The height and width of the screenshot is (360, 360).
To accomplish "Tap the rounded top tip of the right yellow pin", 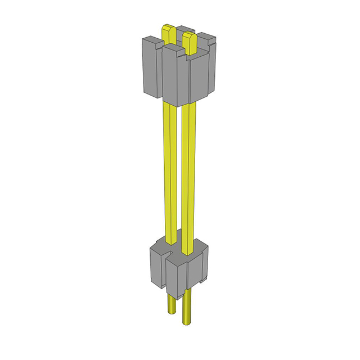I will (190, 35).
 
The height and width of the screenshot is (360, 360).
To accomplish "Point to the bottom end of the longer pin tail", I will (187, 324).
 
